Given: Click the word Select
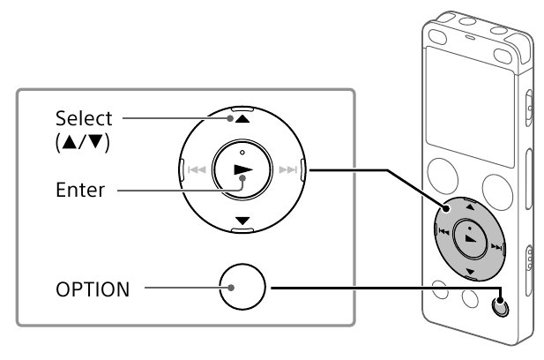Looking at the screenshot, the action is pos(84,118).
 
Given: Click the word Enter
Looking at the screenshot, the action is pos(80,190).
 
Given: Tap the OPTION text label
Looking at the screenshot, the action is pos(93,289).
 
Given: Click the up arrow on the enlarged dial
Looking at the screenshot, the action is pos(242,119).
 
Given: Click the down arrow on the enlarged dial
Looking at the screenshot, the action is pos(242,221).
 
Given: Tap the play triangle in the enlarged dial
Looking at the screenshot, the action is pos(242,169).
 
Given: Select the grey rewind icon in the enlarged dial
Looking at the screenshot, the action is pos(197,169).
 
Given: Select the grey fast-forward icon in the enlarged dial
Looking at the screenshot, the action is pos(288,169).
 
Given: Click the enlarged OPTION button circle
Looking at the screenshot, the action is pos(242,287).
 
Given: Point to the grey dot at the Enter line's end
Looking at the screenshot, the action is pos(242,178).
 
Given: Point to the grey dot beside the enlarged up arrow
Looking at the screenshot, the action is pos(230,118).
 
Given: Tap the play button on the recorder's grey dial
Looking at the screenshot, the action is pos(471,239).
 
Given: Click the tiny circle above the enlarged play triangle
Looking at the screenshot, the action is pos(242,153).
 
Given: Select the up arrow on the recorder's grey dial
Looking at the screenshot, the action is pos(470,207).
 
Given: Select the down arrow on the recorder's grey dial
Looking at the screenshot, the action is pos(470,271).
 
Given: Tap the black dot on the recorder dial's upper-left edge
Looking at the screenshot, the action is pos(445,208).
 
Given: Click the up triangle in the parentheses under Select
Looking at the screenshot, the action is pos(70,142).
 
